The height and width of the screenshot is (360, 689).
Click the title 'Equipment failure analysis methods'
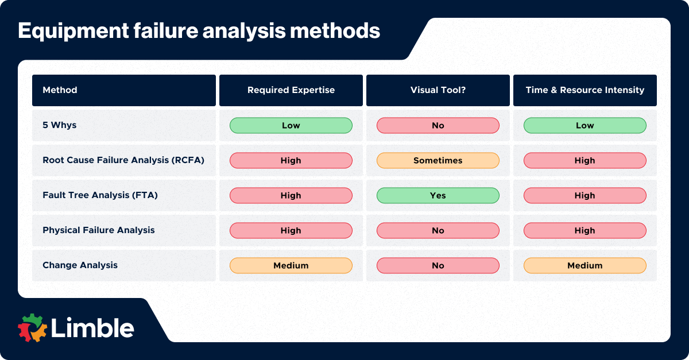[199, 31]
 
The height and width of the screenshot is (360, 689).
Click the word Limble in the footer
[92, 328]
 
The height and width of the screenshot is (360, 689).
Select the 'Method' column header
[60, 90]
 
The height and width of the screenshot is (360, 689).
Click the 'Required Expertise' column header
[291, 90]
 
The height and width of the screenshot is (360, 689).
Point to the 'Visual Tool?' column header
[438, 90]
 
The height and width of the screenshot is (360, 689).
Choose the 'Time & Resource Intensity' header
[585, 90]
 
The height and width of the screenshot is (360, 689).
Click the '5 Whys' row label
[59, 125]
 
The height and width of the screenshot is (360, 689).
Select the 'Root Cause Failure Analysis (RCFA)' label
[123, 160]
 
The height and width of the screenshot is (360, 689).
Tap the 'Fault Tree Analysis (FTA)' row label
[100, 195]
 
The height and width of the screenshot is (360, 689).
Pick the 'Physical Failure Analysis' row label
[99, 230]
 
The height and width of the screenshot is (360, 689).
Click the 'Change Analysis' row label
[80, 265]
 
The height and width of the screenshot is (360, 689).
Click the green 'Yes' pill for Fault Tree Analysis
[438, 195]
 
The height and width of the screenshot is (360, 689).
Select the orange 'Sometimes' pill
[438, 160]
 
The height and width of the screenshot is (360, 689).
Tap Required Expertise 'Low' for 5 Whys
[291, 125]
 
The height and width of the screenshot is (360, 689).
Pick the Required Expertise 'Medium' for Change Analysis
[291, 265]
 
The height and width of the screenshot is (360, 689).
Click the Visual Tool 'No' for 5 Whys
[438, 125]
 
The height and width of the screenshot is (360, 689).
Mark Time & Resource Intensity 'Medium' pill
[585, 265]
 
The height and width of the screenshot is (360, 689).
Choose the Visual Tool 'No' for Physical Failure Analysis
[438, 230]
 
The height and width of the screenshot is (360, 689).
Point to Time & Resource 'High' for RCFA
[585, 160]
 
